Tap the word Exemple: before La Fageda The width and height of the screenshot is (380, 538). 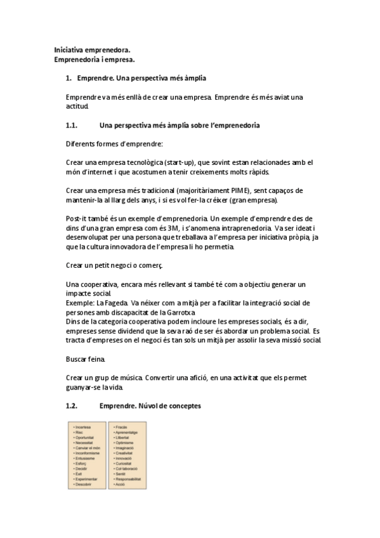[x=81, y=303]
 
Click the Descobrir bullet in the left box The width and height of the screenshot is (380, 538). [x=84, y=485]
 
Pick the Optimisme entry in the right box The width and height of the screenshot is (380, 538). [x=124, y=443]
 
